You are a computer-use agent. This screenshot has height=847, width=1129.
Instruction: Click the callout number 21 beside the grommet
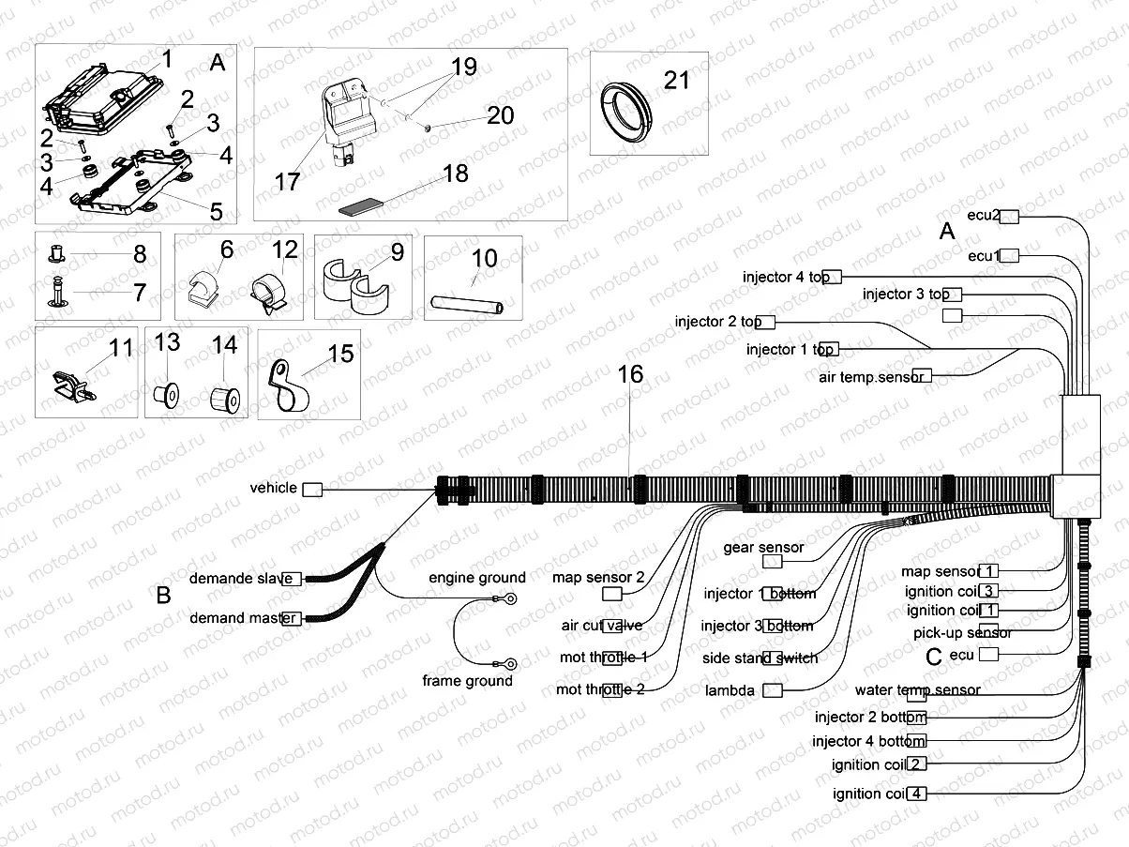coord(676,80)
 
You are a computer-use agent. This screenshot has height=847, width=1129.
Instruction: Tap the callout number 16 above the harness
coord(630,374)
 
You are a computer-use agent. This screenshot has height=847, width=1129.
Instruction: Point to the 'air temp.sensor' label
coord(871,376)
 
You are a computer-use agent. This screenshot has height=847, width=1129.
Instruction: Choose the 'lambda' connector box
coord(772,690)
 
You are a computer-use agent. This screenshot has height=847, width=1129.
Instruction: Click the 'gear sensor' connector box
coord(772,561)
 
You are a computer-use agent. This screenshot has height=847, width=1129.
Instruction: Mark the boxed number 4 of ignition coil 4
coord(917,794)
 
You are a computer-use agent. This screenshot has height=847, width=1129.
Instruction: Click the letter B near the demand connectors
coord(163,596)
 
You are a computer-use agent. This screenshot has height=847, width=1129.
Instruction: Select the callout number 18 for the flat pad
coord(455,174)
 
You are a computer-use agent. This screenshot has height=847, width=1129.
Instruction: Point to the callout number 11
coord(121,349)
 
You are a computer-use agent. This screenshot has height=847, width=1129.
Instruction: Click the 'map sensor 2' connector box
coord(611,595)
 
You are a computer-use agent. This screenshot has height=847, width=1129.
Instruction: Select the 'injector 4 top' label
coord(786,277)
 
